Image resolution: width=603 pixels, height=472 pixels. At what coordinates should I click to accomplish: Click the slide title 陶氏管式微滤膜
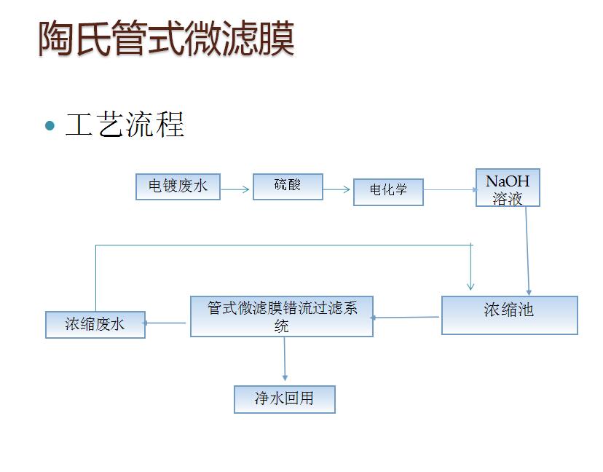(x=167, y=38)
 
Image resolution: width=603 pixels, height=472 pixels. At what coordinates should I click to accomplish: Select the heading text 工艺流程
(x=125, y=125)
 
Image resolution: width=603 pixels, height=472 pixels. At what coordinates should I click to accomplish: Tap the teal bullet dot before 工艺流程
(x=50, y=125)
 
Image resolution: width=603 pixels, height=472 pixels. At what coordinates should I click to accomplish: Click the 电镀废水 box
(x=178, y=186)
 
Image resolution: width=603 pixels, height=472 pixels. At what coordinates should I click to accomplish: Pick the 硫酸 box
(x=288, y=186)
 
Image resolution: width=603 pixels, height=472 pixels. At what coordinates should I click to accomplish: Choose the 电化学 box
(x=388, y=192)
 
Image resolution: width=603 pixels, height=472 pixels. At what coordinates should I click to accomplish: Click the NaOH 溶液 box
(x=508, y=188)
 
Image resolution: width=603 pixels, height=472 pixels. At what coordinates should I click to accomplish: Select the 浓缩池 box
(x=510, y=315)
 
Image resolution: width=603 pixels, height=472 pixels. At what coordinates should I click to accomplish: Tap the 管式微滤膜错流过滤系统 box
(x=282, y=317)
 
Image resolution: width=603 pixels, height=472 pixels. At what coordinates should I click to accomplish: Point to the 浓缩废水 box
(x=95, y=325)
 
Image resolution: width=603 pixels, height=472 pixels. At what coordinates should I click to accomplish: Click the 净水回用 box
(x=285, y=399)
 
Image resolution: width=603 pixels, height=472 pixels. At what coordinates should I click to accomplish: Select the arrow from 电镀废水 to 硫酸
(x=235, y=189)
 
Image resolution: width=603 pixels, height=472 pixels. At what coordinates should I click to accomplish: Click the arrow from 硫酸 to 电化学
(x=336, y=189)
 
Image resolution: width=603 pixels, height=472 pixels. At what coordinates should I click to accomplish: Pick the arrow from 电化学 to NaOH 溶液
(x=451, y=189)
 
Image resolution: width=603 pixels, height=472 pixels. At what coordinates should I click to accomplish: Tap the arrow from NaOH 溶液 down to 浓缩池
(x=527, y=251)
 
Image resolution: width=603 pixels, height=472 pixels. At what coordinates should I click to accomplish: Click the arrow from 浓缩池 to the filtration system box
(x=405, y=318)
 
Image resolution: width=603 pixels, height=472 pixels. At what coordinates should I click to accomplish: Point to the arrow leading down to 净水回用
(x=285, y=359)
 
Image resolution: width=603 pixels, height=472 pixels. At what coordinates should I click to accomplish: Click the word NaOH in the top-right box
(x=508, y=181)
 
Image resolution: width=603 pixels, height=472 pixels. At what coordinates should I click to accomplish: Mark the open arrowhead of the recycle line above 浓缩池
(x=470, y=286)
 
